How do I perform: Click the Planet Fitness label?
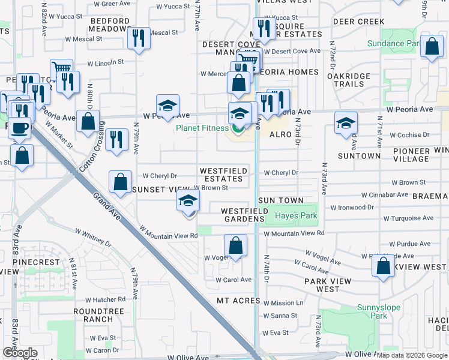[202, 128]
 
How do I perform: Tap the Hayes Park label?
[295, 215]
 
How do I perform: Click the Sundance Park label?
[393, 44]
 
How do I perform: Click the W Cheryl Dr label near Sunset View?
[160, 176]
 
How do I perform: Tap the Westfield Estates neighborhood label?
[223, 175]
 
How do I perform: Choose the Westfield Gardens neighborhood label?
[243, 215]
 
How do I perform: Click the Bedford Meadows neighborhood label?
[110, 25]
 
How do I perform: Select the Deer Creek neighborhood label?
[358, 22]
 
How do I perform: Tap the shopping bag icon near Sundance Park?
[432, 46]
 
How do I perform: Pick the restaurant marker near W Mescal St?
[139, 38]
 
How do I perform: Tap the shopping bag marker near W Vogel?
[235, 245]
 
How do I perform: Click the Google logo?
[20, 353]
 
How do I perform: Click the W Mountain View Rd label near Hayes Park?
[294, 233]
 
